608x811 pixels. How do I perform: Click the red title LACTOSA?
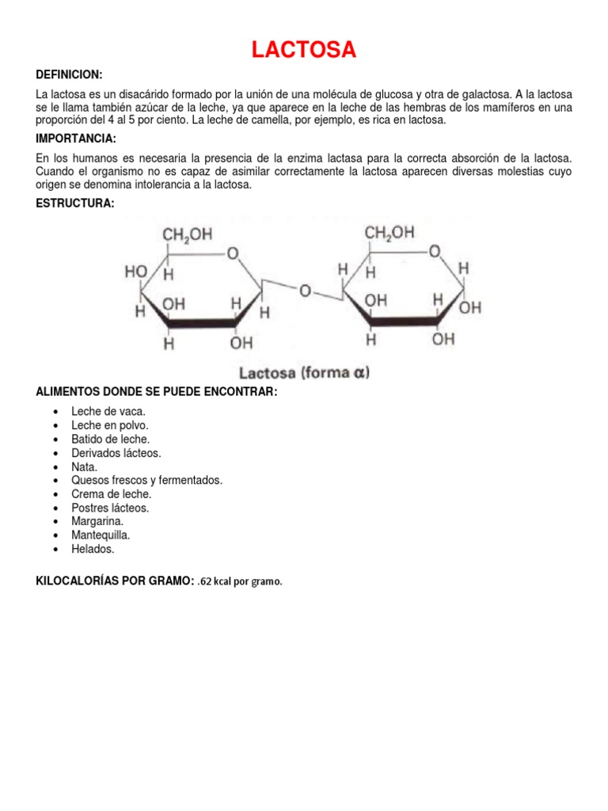tap(304, 51)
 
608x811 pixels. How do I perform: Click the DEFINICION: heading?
tap(70, 74)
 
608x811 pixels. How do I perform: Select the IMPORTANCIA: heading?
tap(76, 139)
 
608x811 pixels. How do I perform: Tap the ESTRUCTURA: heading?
tap(75, 204)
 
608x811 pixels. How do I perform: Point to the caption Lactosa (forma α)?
tap(305, 372)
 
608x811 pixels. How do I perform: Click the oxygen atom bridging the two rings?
tap(305, 291)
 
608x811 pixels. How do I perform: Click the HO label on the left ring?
tap(135, 271)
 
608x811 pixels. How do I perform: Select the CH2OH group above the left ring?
tap(187, 234)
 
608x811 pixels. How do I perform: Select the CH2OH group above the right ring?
tap(389, 232)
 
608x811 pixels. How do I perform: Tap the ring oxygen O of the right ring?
tap(434, 251)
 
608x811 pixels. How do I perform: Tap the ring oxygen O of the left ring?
tap(232, 253)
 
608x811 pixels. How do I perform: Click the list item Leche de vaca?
tap(108, 411)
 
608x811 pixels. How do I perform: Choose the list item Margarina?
tap(97, 521)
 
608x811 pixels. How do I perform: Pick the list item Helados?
tap(93, 548)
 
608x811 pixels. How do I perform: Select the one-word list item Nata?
tap(85, 466)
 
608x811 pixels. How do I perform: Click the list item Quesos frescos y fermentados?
tap(146, 480)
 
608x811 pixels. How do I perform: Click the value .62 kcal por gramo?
tap(240, 582)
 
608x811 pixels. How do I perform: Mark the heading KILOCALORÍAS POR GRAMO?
tap(115, 581)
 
